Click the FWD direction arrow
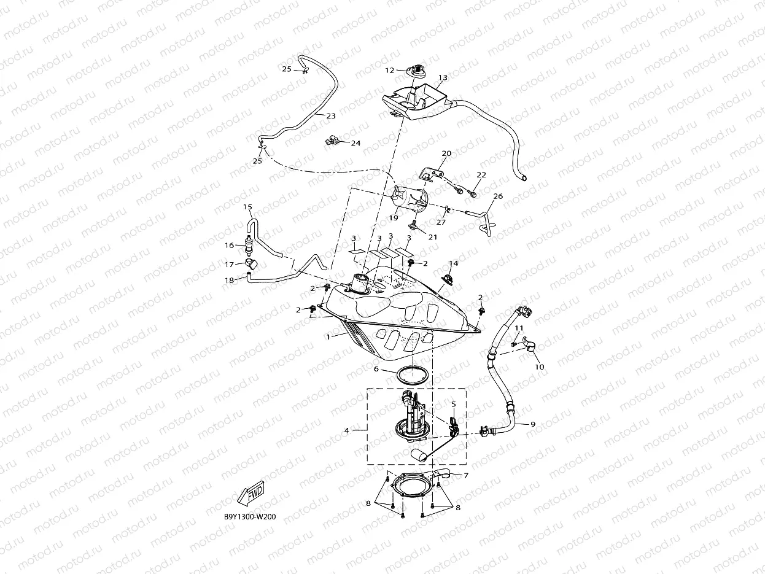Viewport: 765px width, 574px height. tap(250, 493)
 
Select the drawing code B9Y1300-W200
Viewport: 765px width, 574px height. tap(250, 517)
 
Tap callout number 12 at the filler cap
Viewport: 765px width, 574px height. tap(389, 71)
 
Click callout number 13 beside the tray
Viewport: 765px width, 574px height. tap(443, 78)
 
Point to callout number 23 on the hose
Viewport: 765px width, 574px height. tap(330, 115)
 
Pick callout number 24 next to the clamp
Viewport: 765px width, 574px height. tap(355, 143)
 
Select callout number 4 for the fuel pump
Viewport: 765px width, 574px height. tap(346, 430)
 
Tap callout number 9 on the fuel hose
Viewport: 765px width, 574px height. tap(532, 424)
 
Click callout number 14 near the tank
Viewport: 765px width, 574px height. tap(453, 263)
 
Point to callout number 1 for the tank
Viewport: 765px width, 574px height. tap(328, 336)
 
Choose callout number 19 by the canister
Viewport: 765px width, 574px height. tap(394, 217)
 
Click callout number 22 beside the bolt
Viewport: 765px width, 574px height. tap(481, 175)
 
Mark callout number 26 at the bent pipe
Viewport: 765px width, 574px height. tap(498, 196)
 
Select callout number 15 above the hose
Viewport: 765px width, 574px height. tap(247, 207)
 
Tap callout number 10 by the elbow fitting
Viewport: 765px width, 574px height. tap(540, 367)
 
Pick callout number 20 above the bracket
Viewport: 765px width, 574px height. tap(446, 153)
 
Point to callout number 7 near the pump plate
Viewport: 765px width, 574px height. tap(466, 476)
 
